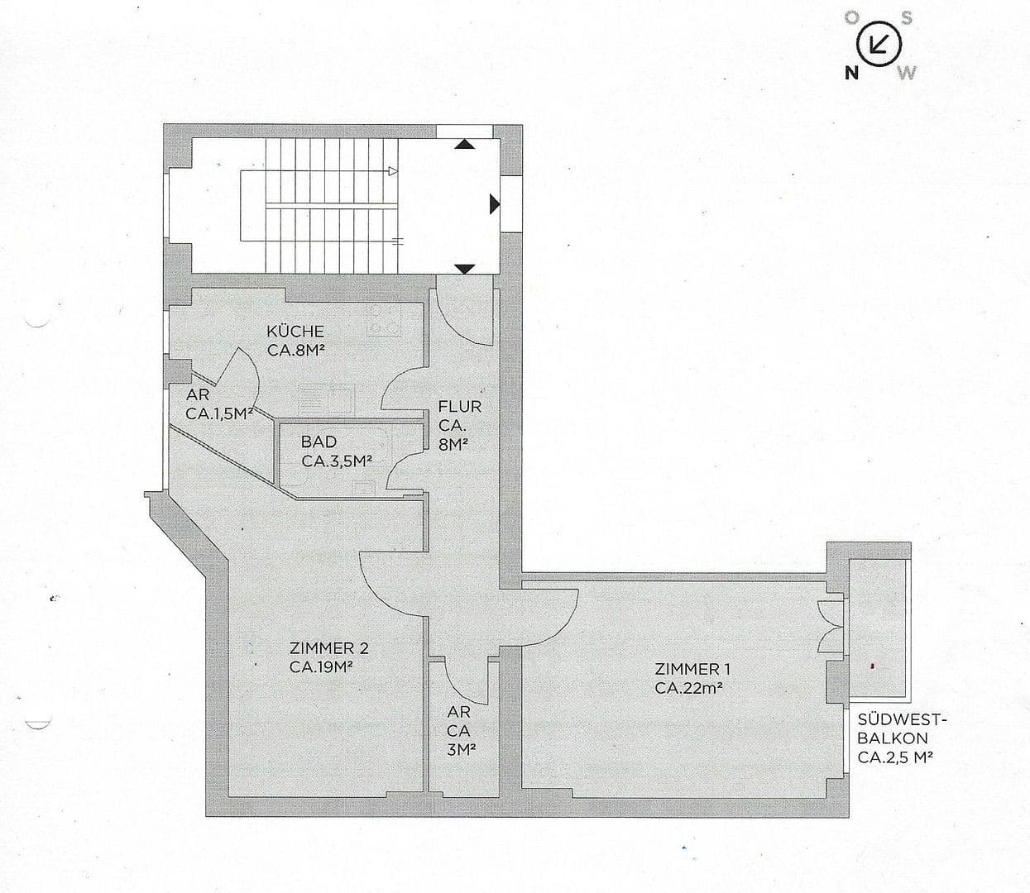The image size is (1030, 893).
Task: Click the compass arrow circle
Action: point(879,44)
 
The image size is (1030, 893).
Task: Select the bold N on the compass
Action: point(850,73)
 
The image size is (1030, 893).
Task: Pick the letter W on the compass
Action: point(908,73)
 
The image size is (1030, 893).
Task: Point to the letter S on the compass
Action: point(907,18)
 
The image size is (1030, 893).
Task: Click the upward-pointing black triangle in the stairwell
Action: point(466,144)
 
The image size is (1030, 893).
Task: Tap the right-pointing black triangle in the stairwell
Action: point(495,203)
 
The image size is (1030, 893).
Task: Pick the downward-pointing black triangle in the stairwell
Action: point(466,268)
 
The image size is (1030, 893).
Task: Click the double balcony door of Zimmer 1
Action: point(830,627)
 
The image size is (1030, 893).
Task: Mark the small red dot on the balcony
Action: point(872,664)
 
